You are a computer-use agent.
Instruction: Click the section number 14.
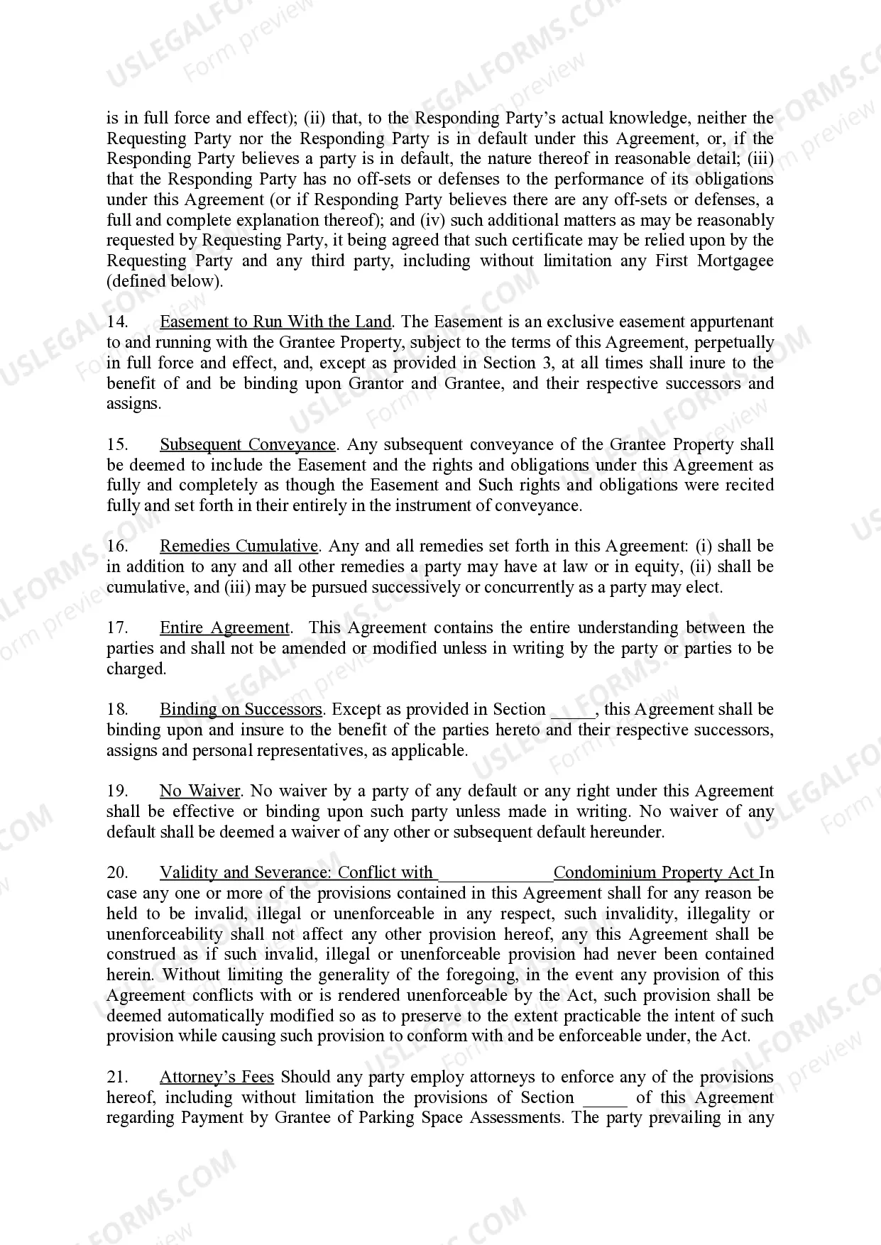pyautogui.click(x=117, y=322)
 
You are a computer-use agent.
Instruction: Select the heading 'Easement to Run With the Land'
pyautogui.click(x=275, y=322)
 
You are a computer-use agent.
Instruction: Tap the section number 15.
pyautogui.click(x=117, y=445)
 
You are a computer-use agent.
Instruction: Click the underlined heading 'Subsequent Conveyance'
pyautogui.click(x=248, y=445)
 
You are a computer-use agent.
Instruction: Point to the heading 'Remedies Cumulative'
pyautogui.click(x=239, y=547)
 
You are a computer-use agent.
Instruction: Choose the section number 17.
pyautogui.click(x=117, y=628)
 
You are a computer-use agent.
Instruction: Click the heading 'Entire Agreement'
pyautogui.click(x=224, y=628)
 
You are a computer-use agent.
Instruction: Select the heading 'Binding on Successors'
pyautogui.click(x=241, y=710)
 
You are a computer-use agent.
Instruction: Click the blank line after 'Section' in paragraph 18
pyautogui.click(x=572, y=711)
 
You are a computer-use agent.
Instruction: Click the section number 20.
pyautogui.click(x=117, y=873)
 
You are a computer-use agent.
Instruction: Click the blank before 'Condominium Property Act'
pyautogui.click(x=495, y=874)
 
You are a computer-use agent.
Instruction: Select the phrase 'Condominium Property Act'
pyautogui.click(x=655, y=873)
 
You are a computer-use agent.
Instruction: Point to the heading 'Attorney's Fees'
pyautogui.click(x=217, y=1077)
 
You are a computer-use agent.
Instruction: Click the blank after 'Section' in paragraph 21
pyautogui.click(x=605, y=1099)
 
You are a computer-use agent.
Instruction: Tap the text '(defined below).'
pyautogui.click(x=165, y=281)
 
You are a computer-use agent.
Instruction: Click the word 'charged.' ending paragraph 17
pyautogui.click(x=136, y=669)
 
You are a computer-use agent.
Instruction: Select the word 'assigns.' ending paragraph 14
pyautogui.click(x=134, y=405)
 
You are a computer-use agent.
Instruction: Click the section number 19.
pyautogui.click(x=117, y=791)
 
